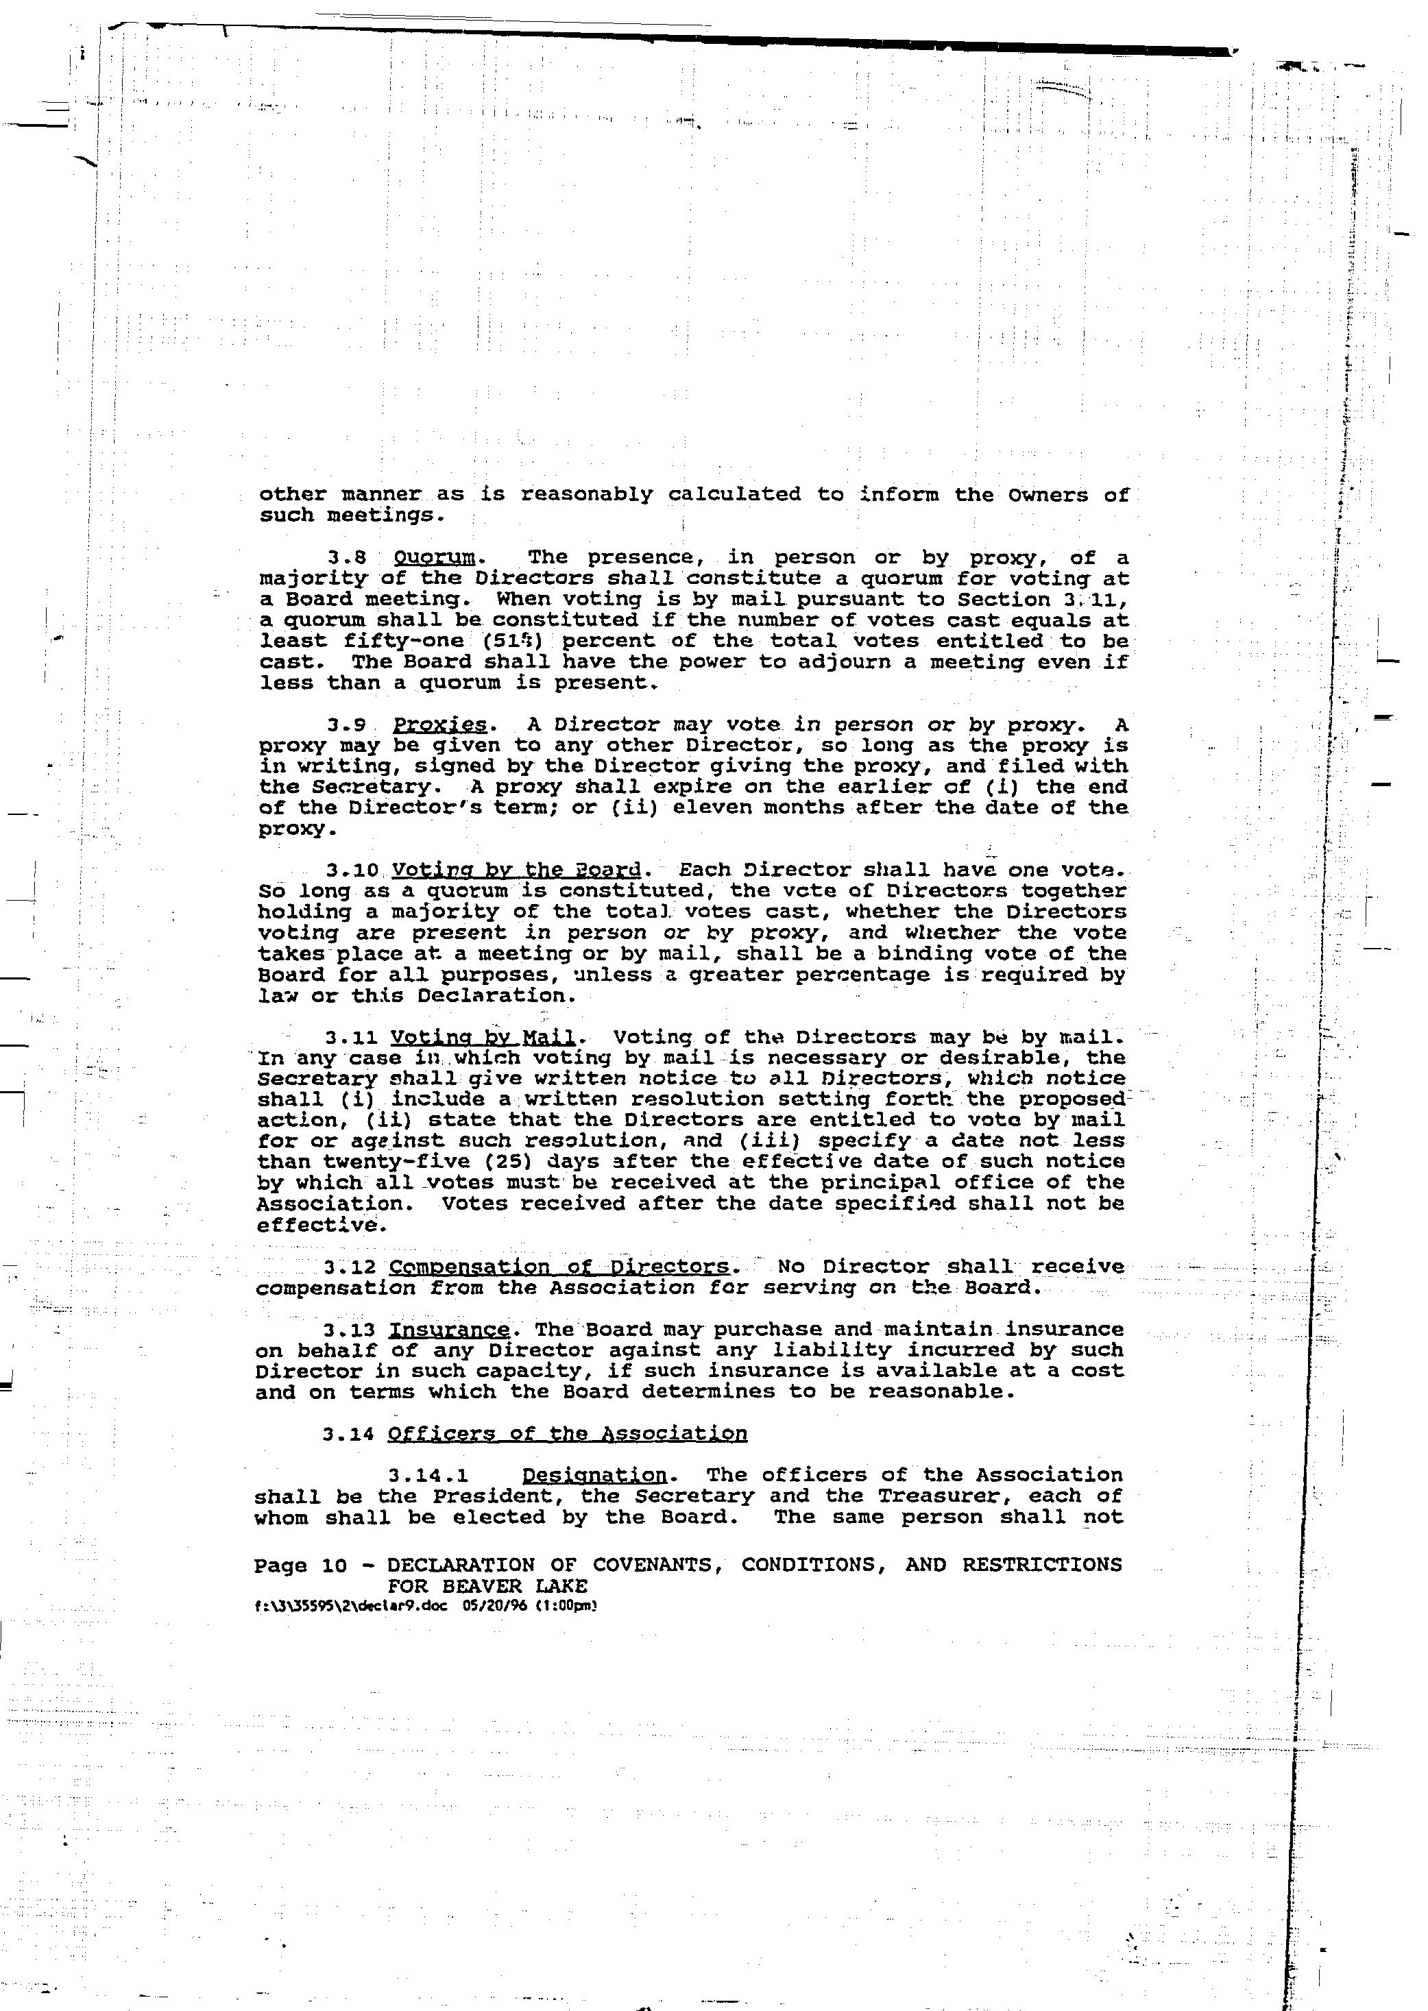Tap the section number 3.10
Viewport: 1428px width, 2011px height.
point(352,870)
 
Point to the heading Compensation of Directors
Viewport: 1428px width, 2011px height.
point(558,1267)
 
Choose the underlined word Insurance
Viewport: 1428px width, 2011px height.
point(449,1330)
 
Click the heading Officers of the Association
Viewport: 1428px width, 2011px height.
point(567,1434)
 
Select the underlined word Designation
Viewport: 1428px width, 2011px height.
point(594,1475)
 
